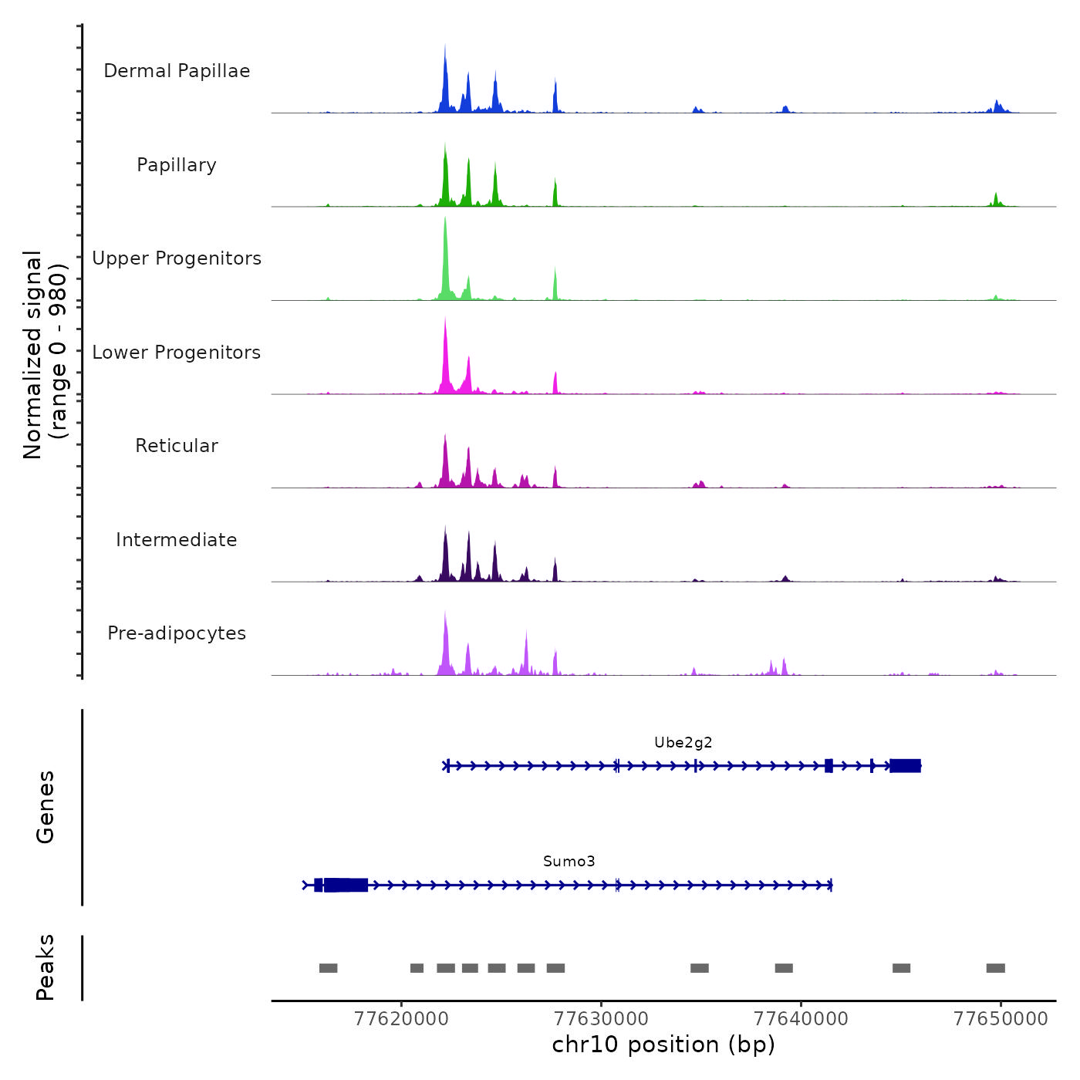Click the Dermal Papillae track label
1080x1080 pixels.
pyautogui.click(x=177, y=71)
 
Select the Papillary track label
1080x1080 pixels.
pyautogui.click(x=177, y=165)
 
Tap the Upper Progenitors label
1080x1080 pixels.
pyautogui.click(x=177, y=258)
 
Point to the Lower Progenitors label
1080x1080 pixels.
pyautogui.click(x=177, y=353)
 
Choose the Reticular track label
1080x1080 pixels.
pyautogui.click(x=177, y=446)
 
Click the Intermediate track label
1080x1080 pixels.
pyautogui.click(x=177, y=540)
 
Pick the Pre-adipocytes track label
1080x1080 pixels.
pyautogui.click(x=177, y=633)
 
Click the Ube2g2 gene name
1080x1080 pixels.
pyautogui.click(x=683, y=743)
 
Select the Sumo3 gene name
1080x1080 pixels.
pyautogui.click(x=569, y=862)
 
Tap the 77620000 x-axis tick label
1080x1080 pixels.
pyautogui.click(x=401, y=1018)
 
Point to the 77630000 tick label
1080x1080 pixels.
pyautogui.click(x=601, y=1018)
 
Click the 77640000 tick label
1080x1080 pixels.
pyautogui.click(x=801, y=1018)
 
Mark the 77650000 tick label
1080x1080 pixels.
pyautogui.click(x=1001, y=1018)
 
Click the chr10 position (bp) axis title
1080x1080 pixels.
pyautogui.click(x=663, y=1045)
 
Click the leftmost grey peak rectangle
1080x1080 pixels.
pyautogui.click(x=329, y=968)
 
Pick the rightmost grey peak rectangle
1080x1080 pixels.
pyautogui.click(x=995, y=968)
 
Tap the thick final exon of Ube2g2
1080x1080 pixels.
pyautogui.click(x=905, y=766)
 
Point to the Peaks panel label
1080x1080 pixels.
pyautogui.click(x=46, y=967)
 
